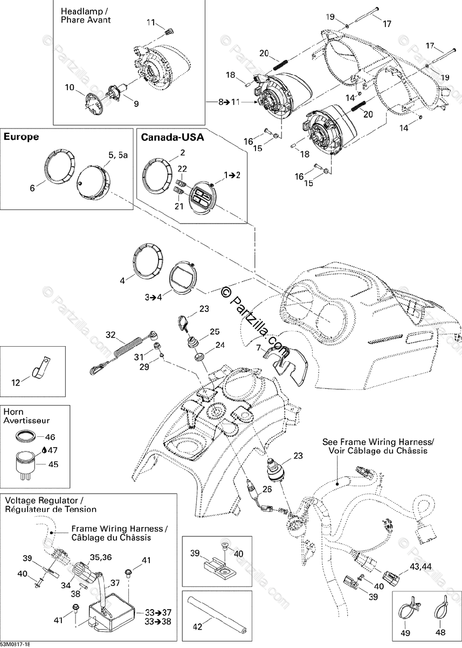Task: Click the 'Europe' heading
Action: pos(22,137)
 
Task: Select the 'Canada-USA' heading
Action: pos(173,138)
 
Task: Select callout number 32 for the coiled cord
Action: pos(111,334)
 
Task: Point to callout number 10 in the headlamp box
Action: pos(71,87)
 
